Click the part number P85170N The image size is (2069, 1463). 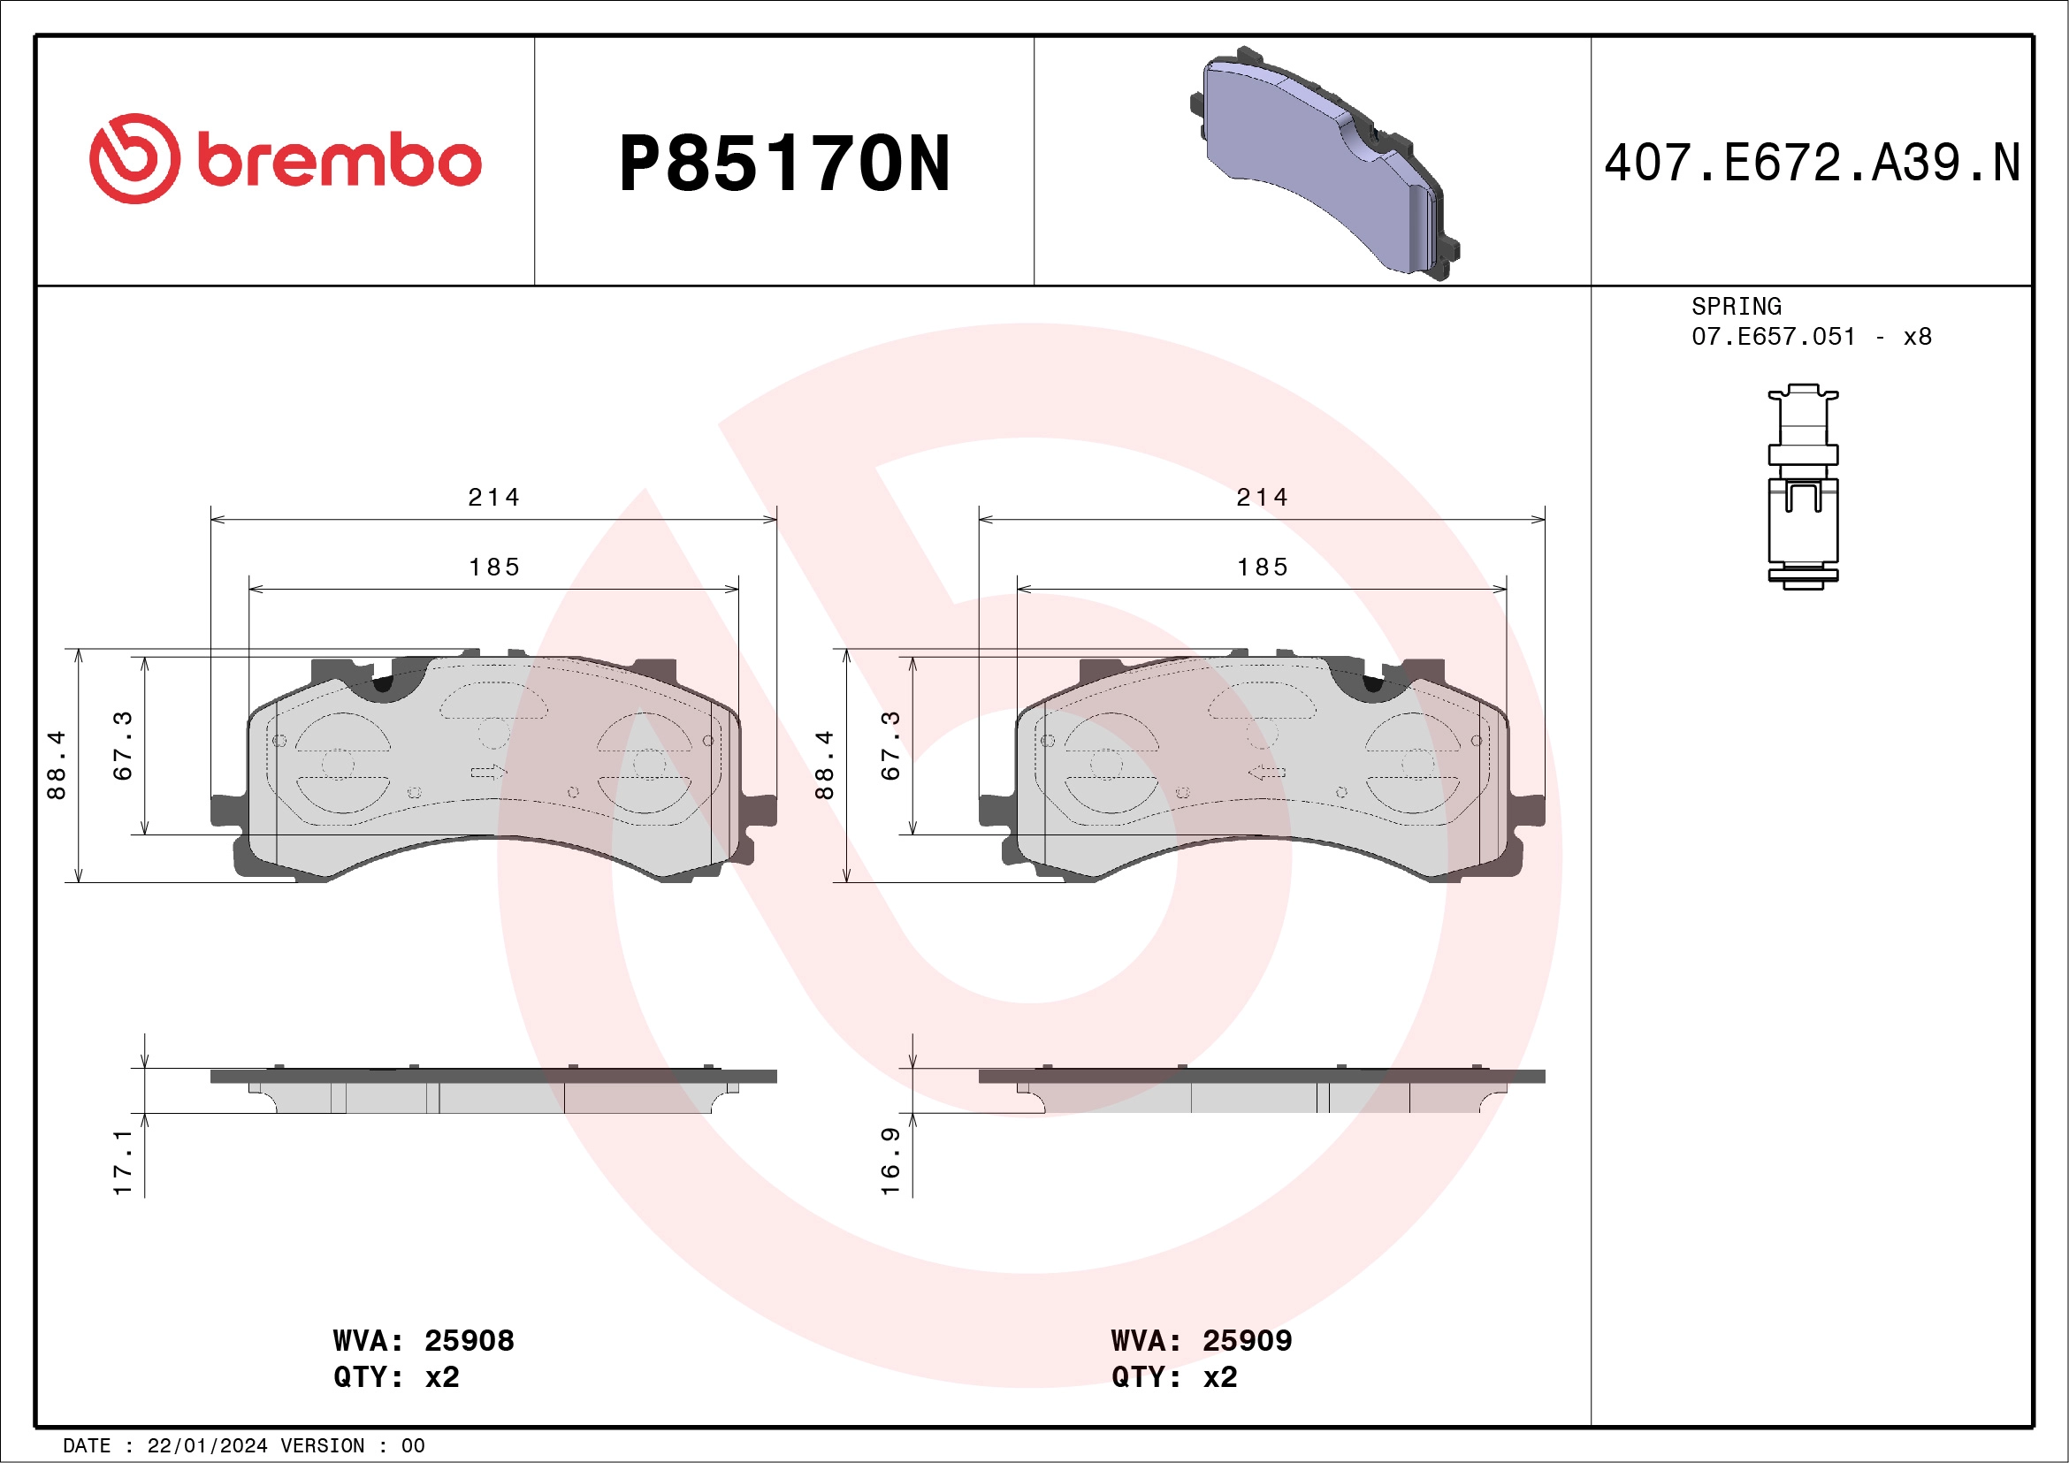[x=784, y=164]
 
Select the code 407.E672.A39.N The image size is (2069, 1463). [x=1812, y=164]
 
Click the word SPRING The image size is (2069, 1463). [x=1736, y=306]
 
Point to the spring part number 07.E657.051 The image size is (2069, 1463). [x=1773, y=337]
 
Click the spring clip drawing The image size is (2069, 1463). [x=1802, y=486]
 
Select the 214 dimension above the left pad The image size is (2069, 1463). [x=494, y=498]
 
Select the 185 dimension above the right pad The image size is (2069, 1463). [x=1262, y=568]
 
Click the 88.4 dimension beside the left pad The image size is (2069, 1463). [x=56, y=764]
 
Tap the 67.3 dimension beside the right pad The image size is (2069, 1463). [x=890, y=745]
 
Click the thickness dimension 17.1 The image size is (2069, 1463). [x=123, y=1162]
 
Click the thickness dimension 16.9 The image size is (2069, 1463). [x=890, y=1161]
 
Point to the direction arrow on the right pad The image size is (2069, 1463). [x=1266, y=772]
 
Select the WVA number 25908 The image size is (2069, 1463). [x=469, y=1340]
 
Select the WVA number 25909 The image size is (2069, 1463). [x=1247, y=1340]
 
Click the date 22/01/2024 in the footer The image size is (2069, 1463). [x=207, y=1446]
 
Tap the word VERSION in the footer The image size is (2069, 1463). [x=323, y=1446]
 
